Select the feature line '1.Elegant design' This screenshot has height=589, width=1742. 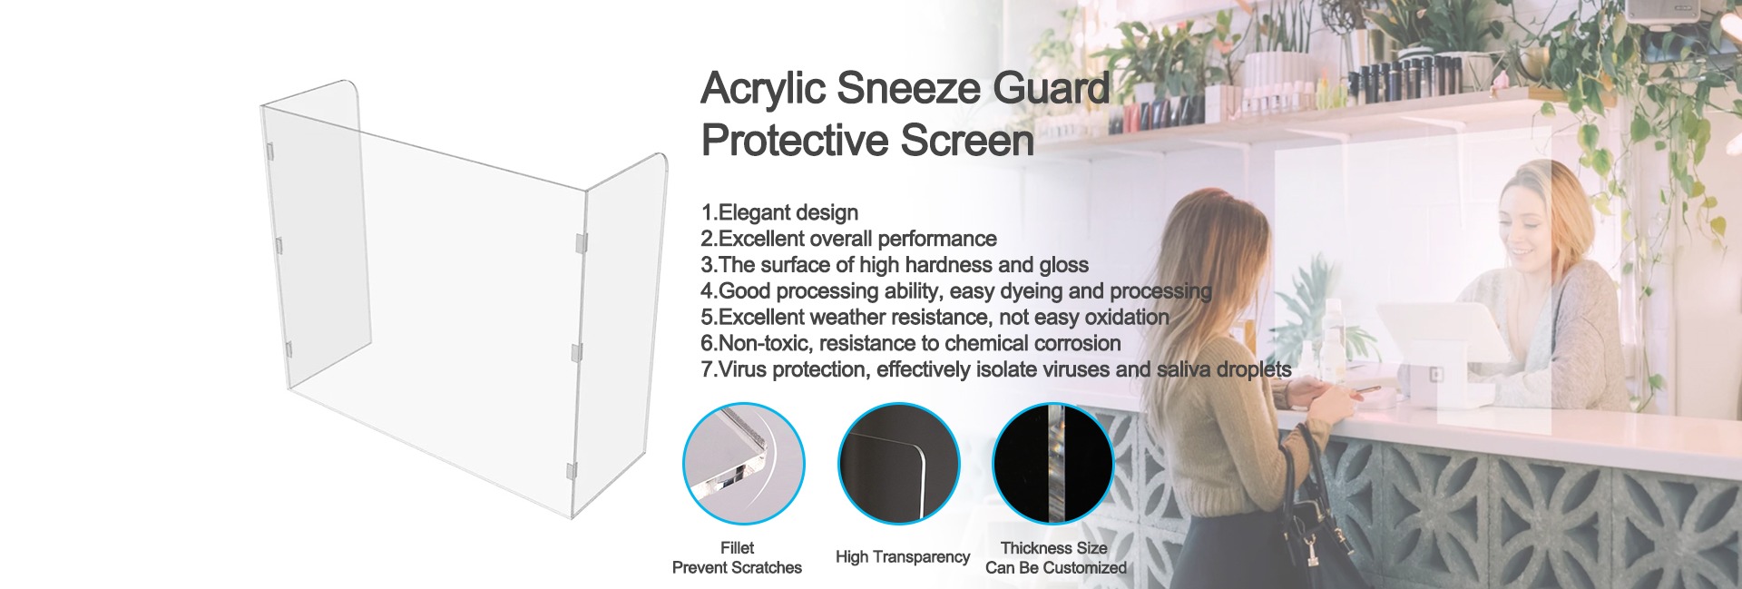[x=779, y=213]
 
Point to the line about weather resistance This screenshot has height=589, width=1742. [x=935, y=318]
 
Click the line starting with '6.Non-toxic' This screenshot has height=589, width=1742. [x=911, y=344]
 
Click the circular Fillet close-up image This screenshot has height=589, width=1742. [x=743, y=464]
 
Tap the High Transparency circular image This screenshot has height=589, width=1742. [x=898, y=464]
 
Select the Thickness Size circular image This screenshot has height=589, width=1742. [x=1052, y=464]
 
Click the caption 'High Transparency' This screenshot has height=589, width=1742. [x=903, y=557]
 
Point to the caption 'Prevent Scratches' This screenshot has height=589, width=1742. [x=737, y=568]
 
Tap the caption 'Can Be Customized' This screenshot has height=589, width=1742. [x=1056, y=568]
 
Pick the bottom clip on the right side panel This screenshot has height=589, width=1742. [x=571, y=472]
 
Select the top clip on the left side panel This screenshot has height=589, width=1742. [x=274, y=151]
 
